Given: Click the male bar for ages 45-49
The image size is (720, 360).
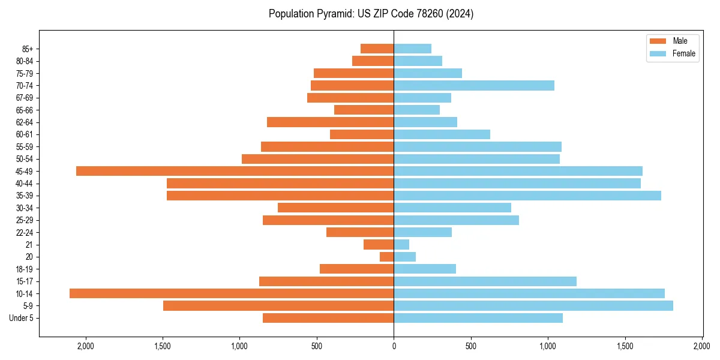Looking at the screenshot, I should [x=235, y=171].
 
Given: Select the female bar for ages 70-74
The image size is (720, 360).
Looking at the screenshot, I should [x=474, y=86].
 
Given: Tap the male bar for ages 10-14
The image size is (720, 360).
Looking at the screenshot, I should [x=232, y=293].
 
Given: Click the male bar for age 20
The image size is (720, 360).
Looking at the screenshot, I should [x=387, y=257].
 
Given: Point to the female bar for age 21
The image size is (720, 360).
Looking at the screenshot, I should [x=401, y=245].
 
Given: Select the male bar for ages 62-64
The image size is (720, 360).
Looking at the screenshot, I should [x=331, y=122].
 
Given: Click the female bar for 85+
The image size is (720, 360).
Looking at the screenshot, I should [x=413, y=49].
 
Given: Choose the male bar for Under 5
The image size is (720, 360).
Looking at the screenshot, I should [x=328, y=318].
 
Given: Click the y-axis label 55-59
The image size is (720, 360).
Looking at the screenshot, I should [x=25, y=147].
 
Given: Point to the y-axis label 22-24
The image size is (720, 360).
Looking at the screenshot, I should [x=25, y=233].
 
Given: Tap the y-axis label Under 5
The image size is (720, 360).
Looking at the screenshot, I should [x=22, y=318].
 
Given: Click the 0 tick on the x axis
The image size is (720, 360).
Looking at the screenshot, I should [x=394, y=346].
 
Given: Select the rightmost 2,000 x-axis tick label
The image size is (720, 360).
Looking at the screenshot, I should [x=702, y=346].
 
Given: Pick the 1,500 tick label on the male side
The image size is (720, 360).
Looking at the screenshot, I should [x=163, y=346].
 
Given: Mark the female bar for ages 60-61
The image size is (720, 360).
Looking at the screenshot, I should [x=442, y=134].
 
